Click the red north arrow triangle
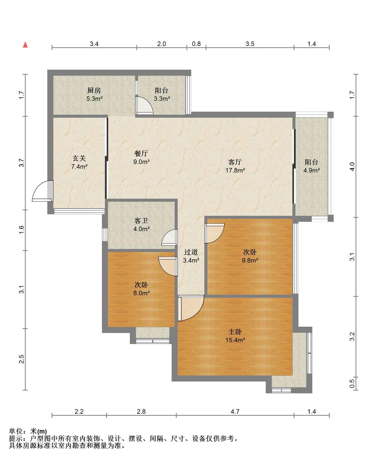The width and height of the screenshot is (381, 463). tap(25, 45)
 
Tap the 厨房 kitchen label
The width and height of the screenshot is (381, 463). tap(94, 90)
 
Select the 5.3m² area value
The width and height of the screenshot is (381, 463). tap(94, 99)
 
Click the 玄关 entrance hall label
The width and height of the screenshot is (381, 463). tap(79, 158)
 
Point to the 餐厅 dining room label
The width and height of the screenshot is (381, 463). tap(141, 153)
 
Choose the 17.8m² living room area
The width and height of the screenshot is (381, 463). tap(235, 170)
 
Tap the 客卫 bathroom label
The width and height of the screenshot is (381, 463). tap(141, 221)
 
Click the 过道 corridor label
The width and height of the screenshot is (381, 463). tap(191, 252)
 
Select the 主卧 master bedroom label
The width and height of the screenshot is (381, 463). tap(235, 332)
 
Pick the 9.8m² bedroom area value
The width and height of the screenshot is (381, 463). tap(250, 260)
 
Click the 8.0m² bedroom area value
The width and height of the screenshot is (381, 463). tap(141, 293)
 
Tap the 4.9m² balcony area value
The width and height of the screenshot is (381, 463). tap(312, 170)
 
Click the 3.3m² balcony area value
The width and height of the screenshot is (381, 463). tap(162, 99)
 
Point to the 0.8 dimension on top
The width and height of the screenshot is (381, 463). tap(196, 44)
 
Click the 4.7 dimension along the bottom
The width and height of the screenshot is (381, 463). tap(235, 411)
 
